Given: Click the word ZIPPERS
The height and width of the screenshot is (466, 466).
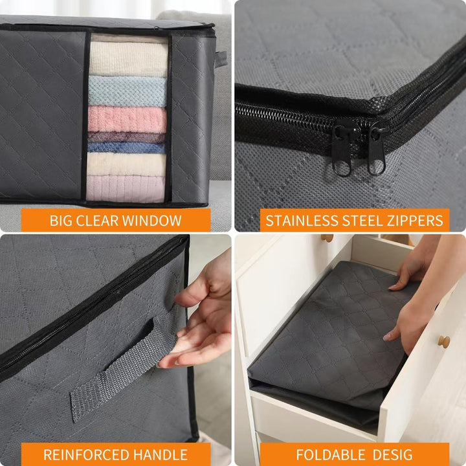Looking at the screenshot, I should click(412, 220).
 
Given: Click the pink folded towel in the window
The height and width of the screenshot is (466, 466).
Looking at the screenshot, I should click(128, 119).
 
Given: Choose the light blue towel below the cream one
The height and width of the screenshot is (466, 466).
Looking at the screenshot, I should click(128, 91).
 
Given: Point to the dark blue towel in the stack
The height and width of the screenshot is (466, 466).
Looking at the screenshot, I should click(128, 148).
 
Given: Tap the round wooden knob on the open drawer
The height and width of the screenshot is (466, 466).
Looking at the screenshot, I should click(444, 341).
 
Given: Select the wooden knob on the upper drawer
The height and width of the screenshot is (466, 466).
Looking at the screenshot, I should click(328, 238).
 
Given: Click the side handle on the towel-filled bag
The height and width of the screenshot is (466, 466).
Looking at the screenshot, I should click(221, 60).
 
